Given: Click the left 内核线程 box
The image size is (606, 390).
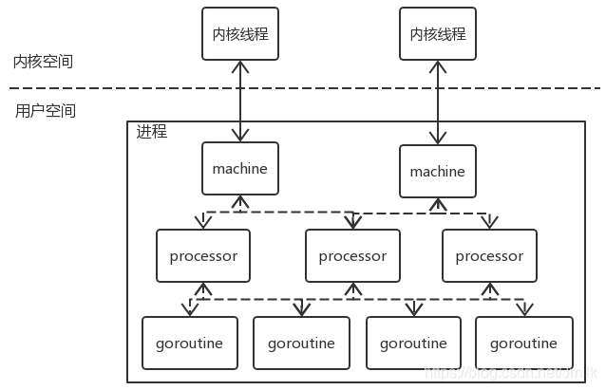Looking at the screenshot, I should pos(240,34).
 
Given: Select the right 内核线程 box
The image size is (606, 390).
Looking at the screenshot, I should pos(438,34).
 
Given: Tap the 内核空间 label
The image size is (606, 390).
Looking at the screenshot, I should pos(43,62).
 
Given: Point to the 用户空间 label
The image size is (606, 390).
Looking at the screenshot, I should pos(46,111).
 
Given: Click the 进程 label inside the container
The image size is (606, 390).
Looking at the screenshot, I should pos(152,132).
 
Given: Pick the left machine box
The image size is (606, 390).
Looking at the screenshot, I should pos(240,169).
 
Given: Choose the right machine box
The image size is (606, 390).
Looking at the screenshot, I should pos(438,172).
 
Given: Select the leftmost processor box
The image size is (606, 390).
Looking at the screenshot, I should pos(203,256).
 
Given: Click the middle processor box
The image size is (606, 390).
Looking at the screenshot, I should pos(352,256).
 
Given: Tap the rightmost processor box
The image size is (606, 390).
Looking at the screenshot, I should pos(489,256).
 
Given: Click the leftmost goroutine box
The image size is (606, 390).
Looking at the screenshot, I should pos(189,343).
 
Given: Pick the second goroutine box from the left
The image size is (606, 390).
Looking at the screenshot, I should pos(301,343).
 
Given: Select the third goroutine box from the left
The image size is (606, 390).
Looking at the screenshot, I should pos(413,343).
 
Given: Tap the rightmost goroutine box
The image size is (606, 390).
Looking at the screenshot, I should pos(523,343).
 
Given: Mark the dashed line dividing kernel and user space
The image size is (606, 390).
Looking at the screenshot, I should pos(304,88).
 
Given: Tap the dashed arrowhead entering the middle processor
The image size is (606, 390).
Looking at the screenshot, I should pos(352,223).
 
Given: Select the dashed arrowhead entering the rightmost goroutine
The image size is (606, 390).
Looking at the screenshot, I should pos(523,309).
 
